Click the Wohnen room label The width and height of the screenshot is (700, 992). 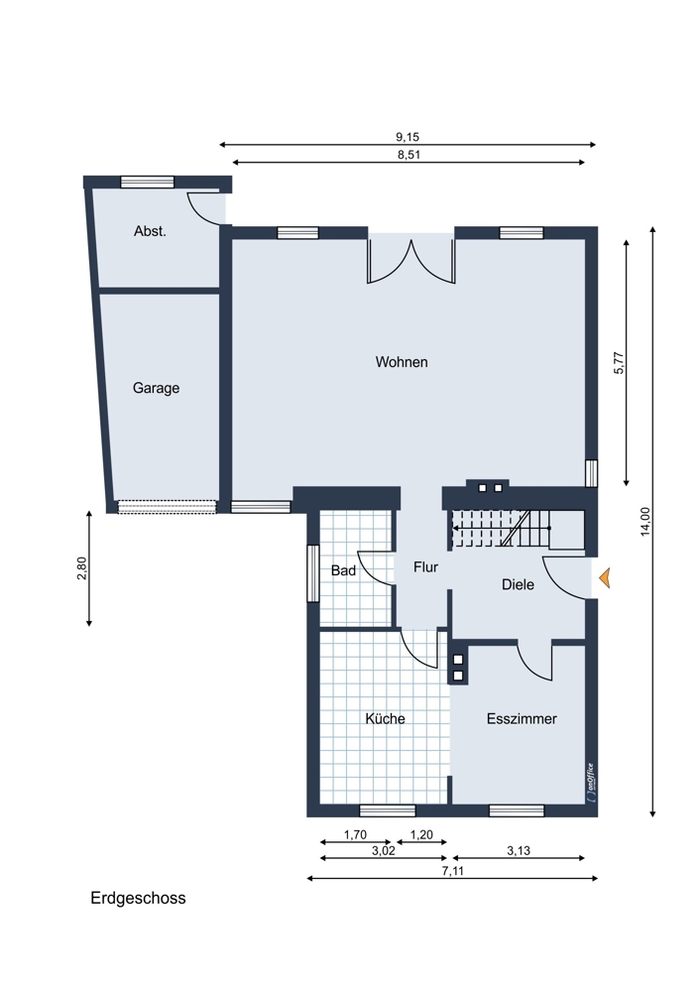pos(402,362)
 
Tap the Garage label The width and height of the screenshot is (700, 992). pos(157,388)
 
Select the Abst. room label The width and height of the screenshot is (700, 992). pos(150,231)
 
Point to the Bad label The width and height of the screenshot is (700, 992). pos(343,570)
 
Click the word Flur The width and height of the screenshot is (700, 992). pos(425,566)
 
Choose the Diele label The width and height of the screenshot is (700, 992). pos(518,584)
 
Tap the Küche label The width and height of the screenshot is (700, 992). pos(385,718)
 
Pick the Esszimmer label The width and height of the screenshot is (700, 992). pos(522,718)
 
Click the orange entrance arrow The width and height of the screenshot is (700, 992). pos(605,577)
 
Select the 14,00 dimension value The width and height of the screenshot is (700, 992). pos(645,522)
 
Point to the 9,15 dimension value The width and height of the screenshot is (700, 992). pos(408,137)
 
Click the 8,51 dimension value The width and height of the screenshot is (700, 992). pos(409,155)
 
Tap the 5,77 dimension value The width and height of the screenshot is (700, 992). pos(619,362)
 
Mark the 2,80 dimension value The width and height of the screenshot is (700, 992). pos(81,567)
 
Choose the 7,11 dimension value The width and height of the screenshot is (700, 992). pos(453,871)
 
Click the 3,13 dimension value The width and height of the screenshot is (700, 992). pos(519,851)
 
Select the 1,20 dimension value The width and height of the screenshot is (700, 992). pos(421,835)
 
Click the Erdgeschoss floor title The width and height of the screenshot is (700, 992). pos(138,899)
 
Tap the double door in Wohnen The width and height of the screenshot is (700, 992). pos(411,259)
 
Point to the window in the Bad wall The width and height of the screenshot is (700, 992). pos(312,573)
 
